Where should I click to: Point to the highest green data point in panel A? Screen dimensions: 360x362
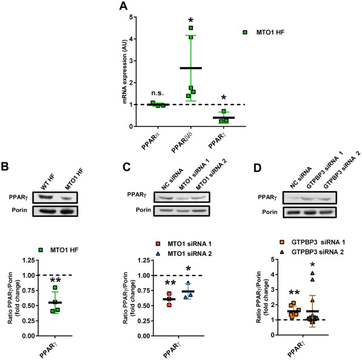click(191, 28)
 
